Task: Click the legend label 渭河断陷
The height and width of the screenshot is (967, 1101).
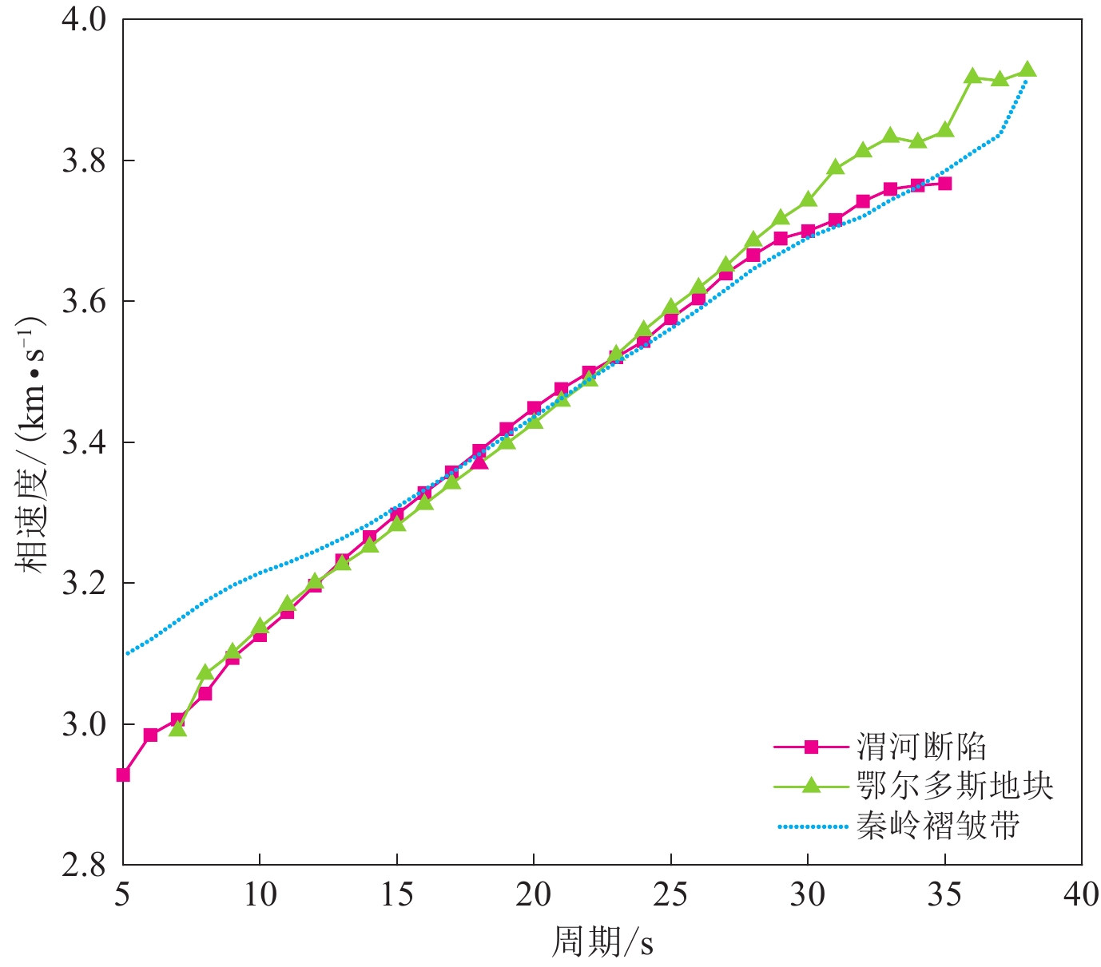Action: (x=921, y=747)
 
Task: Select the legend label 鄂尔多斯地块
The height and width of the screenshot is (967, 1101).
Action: (x=955, y=786)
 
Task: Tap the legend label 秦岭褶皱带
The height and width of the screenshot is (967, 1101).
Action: (x=938, y=826)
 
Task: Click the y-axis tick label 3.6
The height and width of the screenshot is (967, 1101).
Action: (x=84, y=302)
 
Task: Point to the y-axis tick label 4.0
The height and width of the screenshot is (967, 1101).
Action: (x=84, y=20)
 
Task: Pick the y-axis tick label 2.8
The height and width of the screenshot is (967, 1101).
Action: (x=84, y=865)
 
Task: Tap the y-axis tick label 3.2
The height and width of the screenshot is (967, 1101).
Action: (x=84, y=584)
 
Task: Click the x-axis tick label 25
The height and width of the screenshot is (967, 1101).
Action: (x=670, y=895)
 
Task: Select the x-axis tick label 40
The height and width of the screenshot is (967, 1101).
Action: (x=1081, y=895)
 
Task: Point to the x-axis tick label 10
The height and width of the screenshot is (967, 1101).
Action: (x=260, y=895)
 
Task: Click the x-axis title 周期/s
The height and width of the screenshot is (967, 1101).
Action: (x=602, y=943)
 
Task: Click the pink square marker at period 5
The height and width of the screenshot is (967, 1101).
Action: (x=123, y=775)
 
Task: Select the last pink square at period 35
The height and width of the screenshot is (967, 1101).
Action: (x=944, y=184)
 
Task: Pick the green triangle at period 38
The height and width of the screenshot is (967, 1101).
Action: (x=1027, y=69)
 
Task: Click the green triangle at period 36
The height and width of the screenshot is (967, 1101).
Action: (x=972, y=76)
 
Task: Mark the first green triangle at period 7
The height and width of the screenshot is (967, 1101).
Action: (x=177, y=728)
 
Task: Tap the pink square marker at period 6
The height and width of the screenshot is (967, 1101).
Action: (x=150, y=735)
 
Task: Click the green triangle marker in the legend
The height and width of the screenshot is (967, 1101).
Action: (x=811, y=786)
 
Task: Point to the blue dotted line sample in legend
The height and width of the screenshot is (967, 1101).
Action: (x=811, y=826)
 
